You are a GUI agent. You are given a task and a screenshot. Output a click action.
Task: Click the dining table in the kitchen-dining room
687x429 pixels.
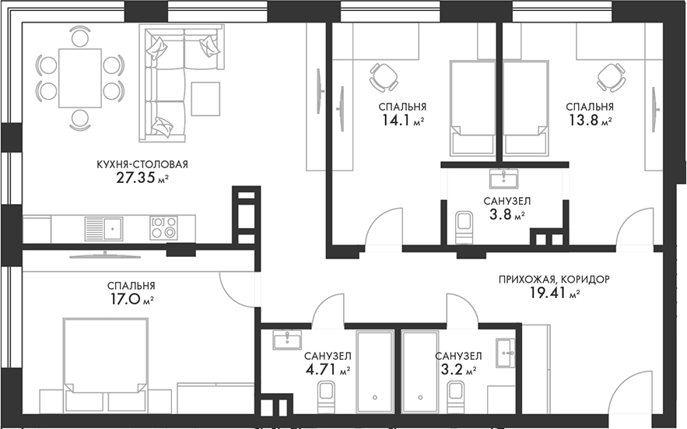(x=80, y=78)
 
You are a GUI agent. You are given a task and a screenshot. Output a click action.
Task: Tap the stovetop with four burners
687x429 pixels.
(x=164, y=228)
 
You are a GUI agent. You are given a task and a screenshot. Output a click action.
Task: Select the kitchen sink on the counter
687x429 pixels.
(x=103, y=229)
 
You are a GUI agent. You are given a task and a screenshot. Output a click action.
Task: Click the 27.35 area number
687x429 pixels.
(x=136, y=178)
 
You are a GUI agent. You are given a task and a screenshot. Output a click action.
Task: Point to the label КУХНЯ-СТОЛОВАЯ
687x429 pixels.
(x=142, y=164)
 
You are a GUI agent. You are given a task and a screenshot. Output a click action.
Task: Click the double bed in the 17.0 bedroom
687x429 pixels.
(x=105, y=365)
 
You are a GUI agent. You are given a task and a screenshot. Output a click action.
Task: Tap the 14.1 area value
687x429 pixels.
(x=397, y=120)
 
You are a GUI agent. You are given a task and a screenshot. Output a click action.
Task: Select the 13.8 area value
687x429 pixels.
(x=584, y=120)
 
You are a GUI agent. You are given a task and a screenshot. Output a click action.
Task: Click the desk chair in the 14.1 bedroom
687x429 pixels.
(x=384, y=77)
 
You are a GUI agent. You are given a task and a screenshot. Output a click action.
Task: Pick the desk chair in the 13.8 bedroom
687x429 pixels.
(x=611, y=77)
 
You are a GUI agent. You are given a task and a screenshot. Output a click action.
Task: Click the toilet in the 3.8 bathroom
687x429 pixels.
(x=464, y=227)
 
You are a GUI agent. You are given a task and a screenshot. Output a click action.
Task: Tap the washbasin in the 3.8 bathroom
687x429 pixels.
(x=504, y=178)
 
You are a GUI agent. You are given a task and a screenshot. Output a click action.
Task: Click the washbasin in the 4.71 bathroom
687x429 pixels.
(x=287, y=340)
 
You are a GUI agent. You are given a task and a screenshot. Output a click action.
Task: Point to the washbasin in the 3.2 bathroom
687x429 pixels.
(x=506, y=353)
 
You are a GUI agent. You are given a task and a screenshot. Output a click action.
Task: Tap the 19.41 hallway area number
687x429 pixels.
(x=545, y=293)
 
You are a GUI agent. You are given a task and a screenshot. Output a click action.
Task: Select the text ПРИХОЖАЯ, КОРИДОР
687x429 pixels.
(x=554, y=279)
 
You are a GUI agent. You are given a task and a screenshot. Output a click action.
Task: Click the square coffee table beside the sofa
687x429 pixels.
(x=205, y=99)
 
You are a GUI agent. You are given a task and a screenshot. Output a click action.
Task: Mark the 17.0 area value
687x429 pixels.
(x=124, y=299)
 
